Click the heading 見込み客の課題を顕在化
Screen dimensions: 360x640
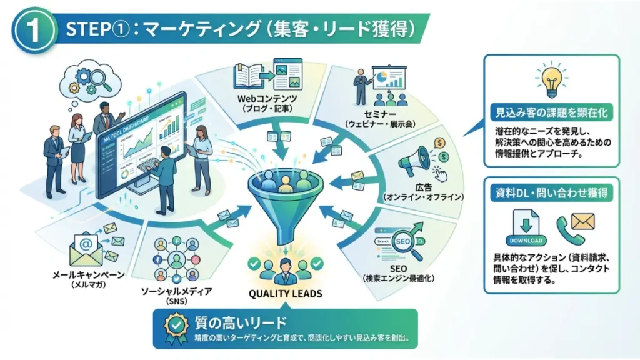point(551,113)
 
